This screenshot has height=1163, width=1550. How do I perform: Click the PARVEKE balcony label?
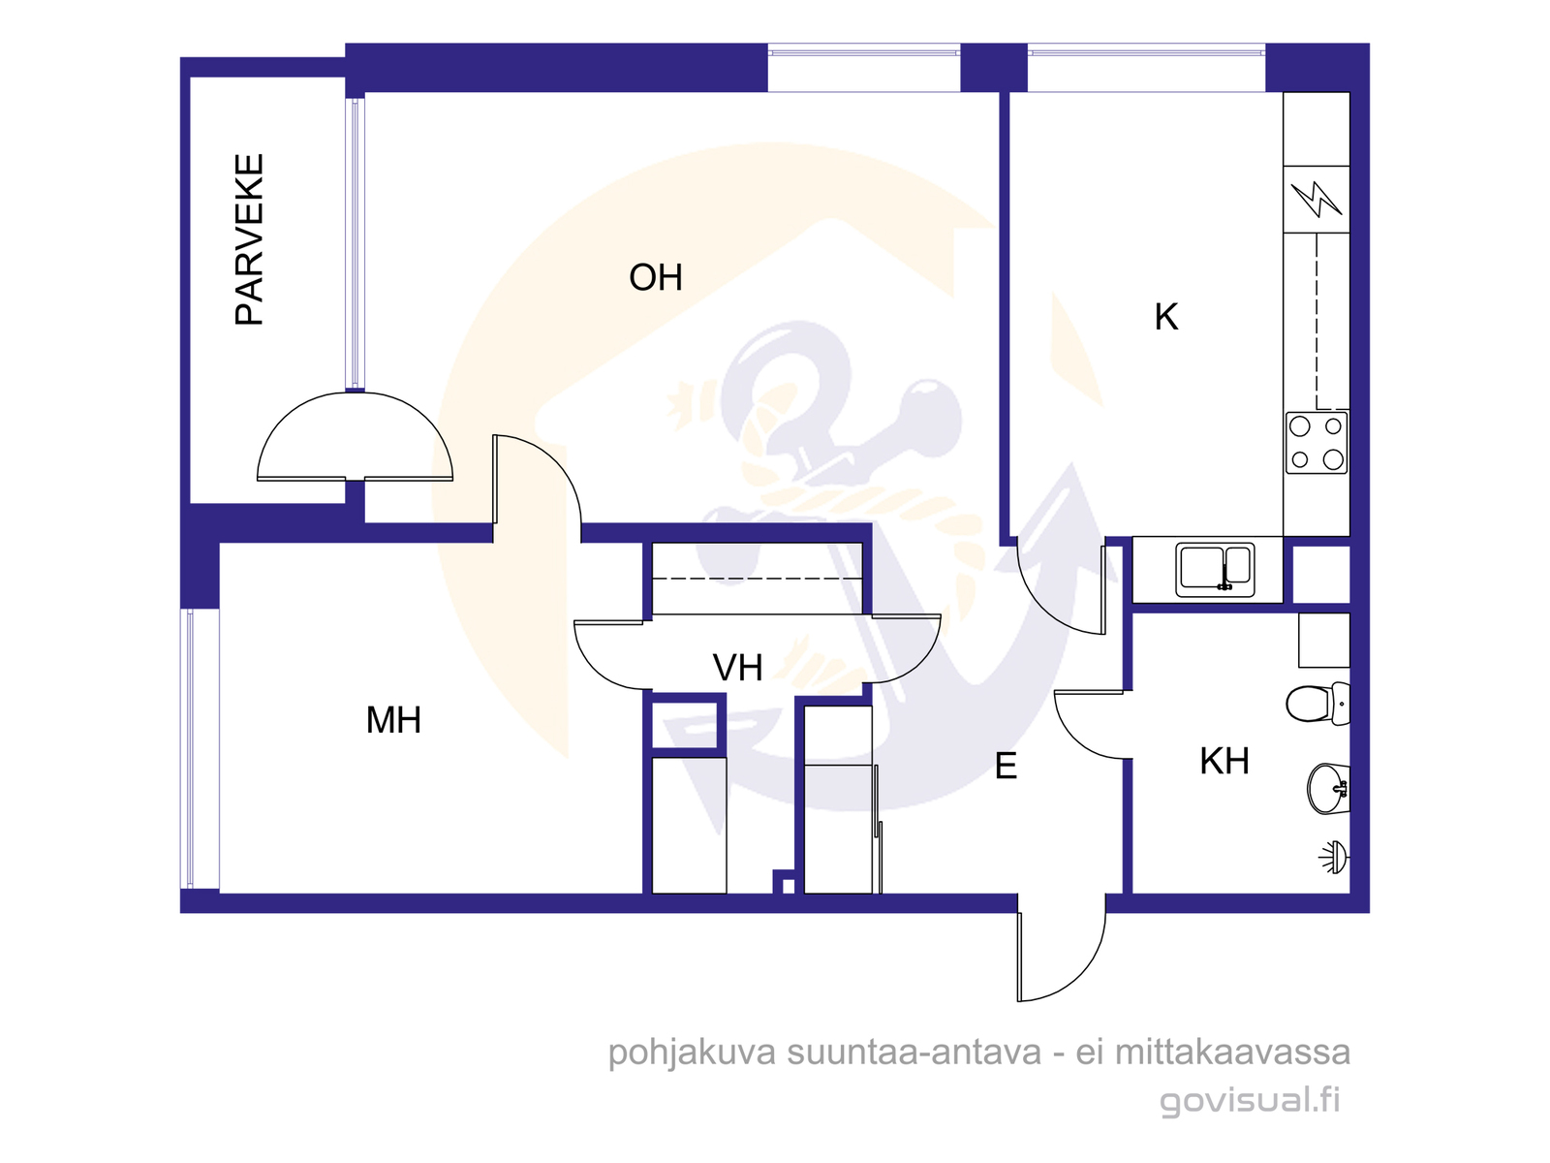click(249, 239)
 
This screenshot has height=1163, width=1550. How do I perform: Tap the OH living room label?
click(655, 277)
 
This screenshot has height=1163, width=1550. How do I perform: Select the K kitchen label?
click(1165, 317)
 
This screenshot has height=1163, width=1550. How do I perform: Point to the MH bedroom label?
click(393, 720)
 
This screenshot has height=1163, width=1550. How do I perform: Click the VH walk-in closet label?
click(737, 668)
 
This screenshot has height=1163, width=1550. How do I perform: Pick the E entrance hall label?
click(1006, 767)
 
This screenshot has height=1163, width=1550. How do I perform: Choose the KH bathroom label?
click(1224, 761)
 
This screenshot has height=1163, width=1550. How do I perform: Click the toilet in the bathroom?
click(1317, 704)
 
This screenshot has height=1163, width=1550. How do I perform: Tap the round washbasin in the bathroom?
click(1328, 789)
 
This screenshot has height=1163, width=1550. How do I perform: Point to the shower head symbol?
click(1334, 858)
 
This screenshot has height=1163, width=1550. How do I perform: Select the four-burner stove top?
click(1317, 444)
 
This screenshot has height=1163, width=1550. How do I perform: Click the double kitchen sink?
click(1215, 570)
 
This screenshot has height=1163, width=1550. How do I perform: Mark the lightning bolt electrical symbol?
click(1316, 199)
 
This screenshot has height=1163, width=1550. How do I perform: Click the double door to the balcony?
click(355, 436)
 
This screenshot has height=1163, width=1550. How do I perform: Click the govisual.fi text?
click(1249, 1101)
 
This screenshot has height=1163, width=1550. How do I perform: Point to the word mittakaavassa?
click(1232, 1053)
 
